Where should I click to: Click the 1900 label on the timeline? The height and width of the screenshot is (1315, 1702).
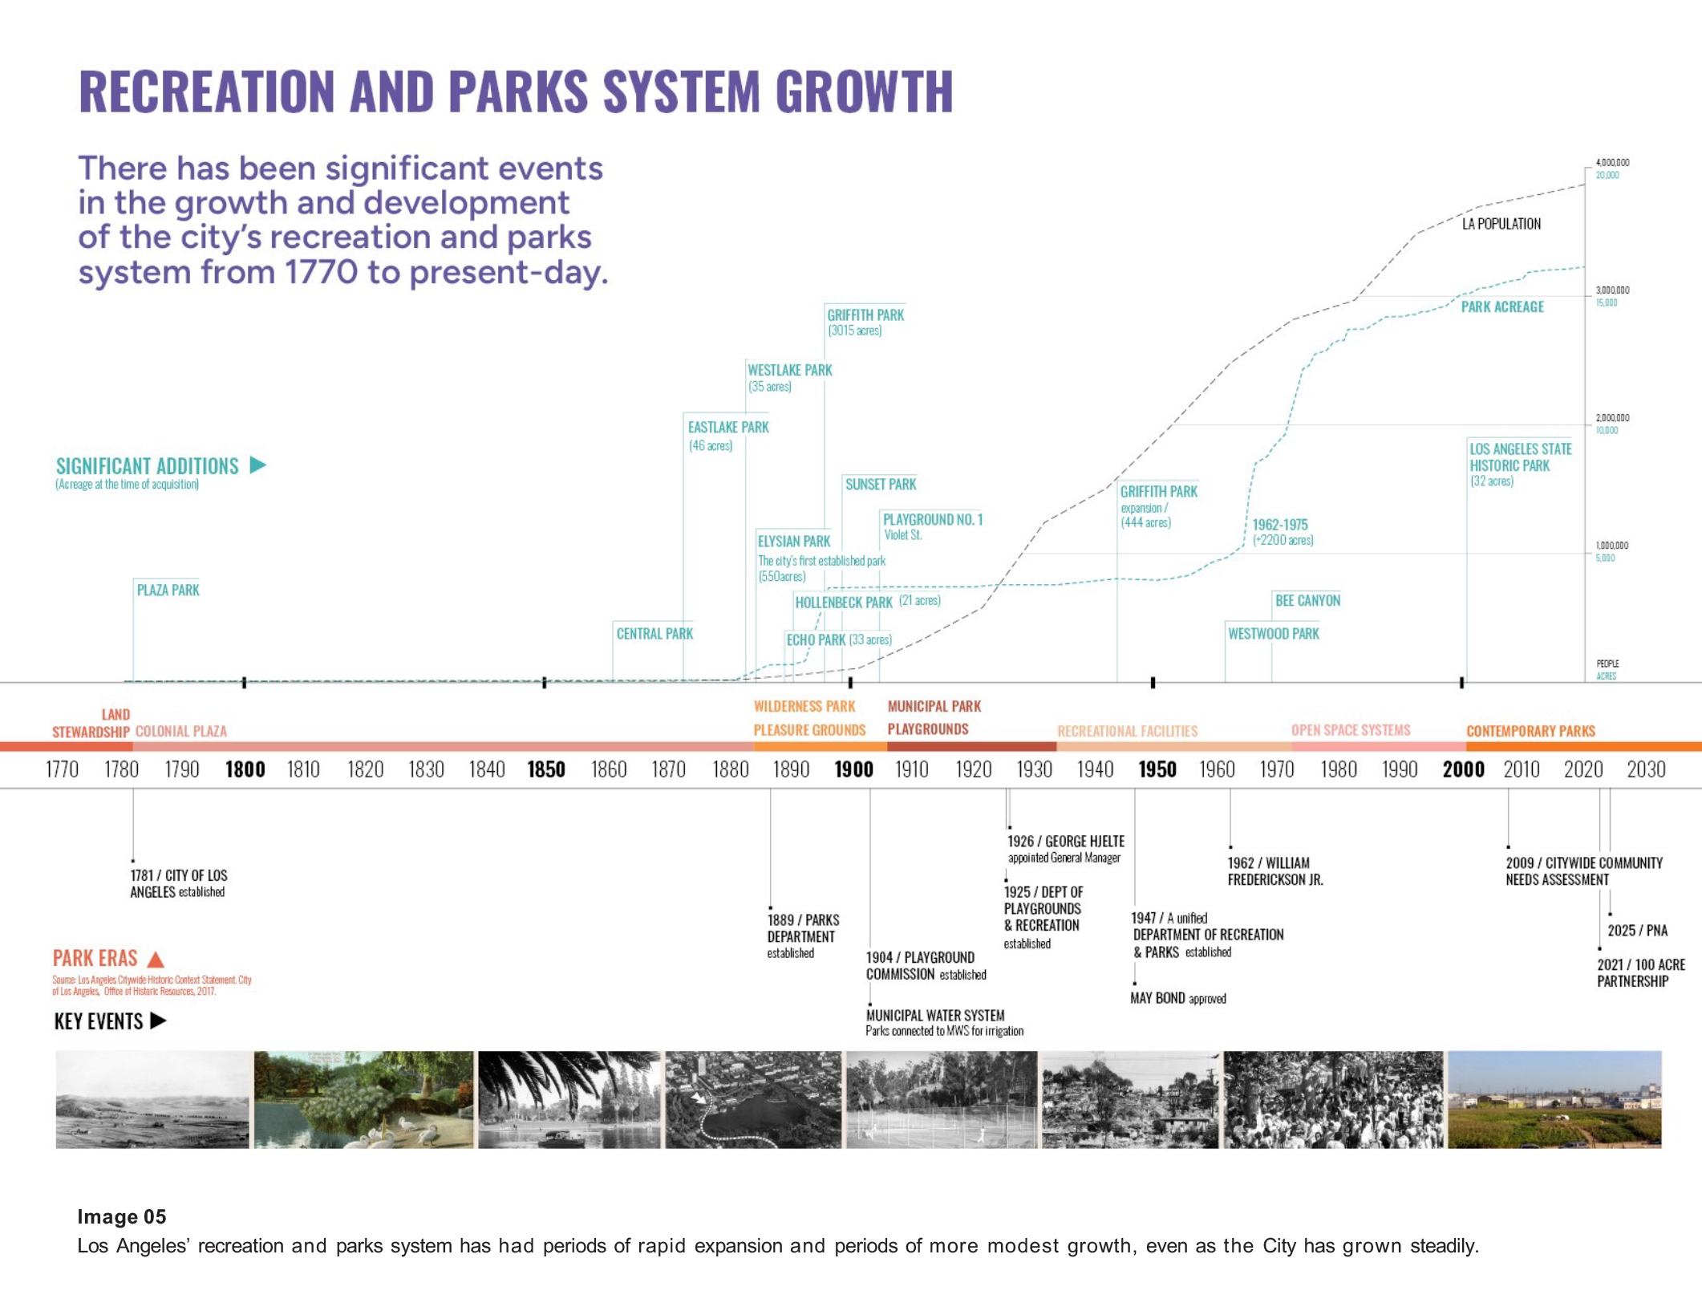[x=853, y=769]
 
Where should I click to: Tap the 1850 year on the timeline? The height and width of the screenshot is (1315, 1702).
[x=546, y=769]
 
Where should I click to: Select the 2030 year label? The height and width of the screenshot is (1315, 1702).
[x=1646, y=769]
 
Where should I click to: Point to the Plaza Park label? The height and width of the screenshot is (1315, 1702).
[x=168, y=591]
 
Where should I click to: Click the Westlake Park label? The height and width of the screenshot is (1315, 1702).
[x=789, y=371]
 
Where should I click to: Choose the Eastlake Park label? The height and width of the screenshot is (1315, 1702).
[x=728, y=428]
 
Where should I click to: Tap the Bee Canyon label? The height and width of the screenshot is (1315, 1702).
[x=1307, y=601]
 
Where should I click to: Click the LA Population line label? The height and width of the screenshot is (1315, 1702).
[x=1501, y=224]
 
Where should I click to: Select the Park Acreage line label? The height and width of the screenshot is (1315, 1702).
[x=1501, y=306]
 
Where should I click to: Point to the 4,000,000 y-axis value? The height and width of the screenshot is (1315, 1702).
[x=1612, y=162]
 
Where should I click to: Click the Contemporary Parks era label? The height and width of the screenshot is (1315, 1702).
[x=1530, y=731]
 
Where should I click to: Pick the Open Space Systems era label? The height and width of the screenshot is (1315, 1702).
[x=1350, y=730]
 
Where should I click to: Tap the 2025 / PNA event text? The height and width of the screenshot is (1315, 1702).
[x=1637, y=931]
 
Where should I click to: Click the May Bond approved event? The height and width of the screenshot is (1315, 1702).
[x=1177, y=998]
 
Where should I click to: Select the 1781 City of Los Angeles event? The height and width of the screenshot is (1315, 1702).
[x=178, y=883]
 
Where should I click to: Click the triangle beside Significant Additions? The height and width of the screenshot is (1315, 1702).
[x=257, y=465]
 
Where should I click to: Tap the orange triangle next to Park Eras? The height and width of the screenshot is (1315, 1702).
[x=156, y=959]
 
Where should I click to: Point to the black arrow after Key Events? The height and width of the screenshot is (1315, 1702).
[x=159, y=1021]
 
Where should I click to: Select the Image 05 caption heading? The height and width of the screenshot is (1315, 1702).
[x=122, y=1216]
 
